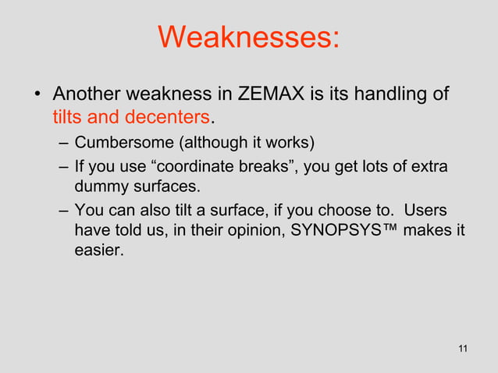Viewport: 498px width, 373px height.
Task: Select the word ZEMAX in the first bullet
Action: (266, 95)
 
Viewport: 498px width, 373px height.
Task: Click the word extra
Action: (432, 166)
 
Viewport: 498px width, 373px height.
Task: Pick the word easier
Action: (98, 252)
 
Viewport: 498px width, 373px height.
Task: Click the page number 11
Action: (464, 348)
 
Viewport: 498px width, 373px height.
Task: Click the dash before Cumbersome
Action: (62, 144)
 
